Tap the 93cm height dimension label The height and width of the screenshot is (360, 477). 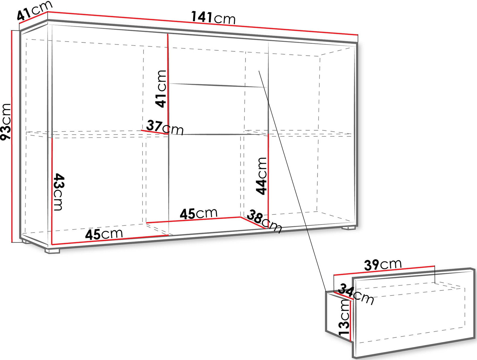pyautogui.click(x=6, y=122)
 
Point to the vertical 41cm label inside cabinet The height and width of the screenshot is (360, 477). pyautogui.click(x=161, y=89)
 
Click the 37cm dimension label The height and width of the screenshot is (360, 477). pyautogui.click(x=165, y=127)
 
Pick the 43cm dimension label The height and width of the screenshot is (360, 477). pyautogui.click(x=58, y=192)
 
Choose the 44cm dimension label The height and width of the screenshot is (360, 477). pyautogui.click(x=261, y=176)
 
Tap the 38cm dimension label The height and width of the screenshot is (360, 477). pyautogui.click(x=265, y=221)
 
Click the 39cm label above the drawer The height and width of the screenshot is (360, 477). pyautogui.click(x=383, y=264)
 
